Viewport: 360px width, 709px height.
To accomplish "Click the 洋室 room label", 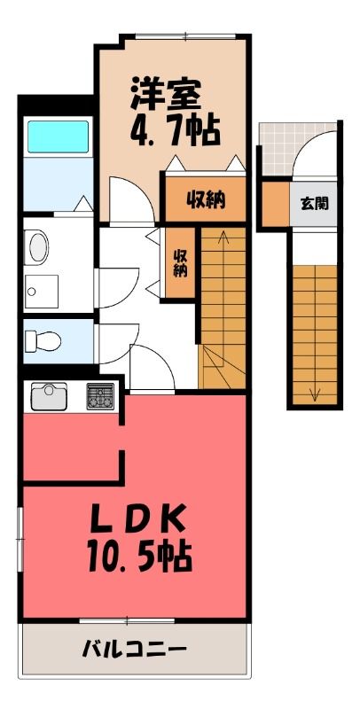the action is pyautogui.click(x=166, y=94).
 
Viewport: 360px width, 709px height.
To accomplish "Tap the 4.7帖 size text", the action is pyautogui.click(x=175, y=130).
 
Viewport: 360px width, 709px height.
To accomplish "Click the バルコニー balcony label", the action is pyautogui.click(x=134, y=651).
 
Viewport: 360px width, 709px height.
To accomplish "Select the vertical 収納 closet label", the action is pyautogui.click(x=181, y=263).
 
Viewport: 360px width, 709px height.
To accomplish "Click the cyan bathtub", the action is pyautogui.click(x=58, y=136).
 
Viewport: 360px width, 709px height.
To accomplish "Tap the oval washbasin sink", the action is pyautogui.click(x=39, y=247).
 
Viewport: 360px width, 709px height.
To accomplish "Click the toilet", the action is pyautogui.click(x=43, y=340).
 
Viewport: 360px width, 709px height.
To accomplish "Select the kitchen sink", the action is pyautogui.click(x=49, y=396).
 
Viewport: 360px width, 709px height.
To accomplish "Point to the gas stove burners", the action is pyautogui.click(x=100, y=396).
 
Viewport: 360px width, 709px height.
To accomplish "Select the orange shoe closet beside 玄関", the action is pyautogui.click(x=276, y=204).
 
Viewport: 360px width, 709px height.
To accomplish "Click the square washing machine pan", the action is pyautogui.click(x=41, y=292).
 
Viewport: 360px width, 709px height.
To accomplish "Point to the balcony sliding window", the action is pyautogui.click(x=127, y=621).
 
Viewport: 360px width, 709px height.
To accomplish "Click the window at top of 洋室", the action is pyautogui.click(x=185, y=36).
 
